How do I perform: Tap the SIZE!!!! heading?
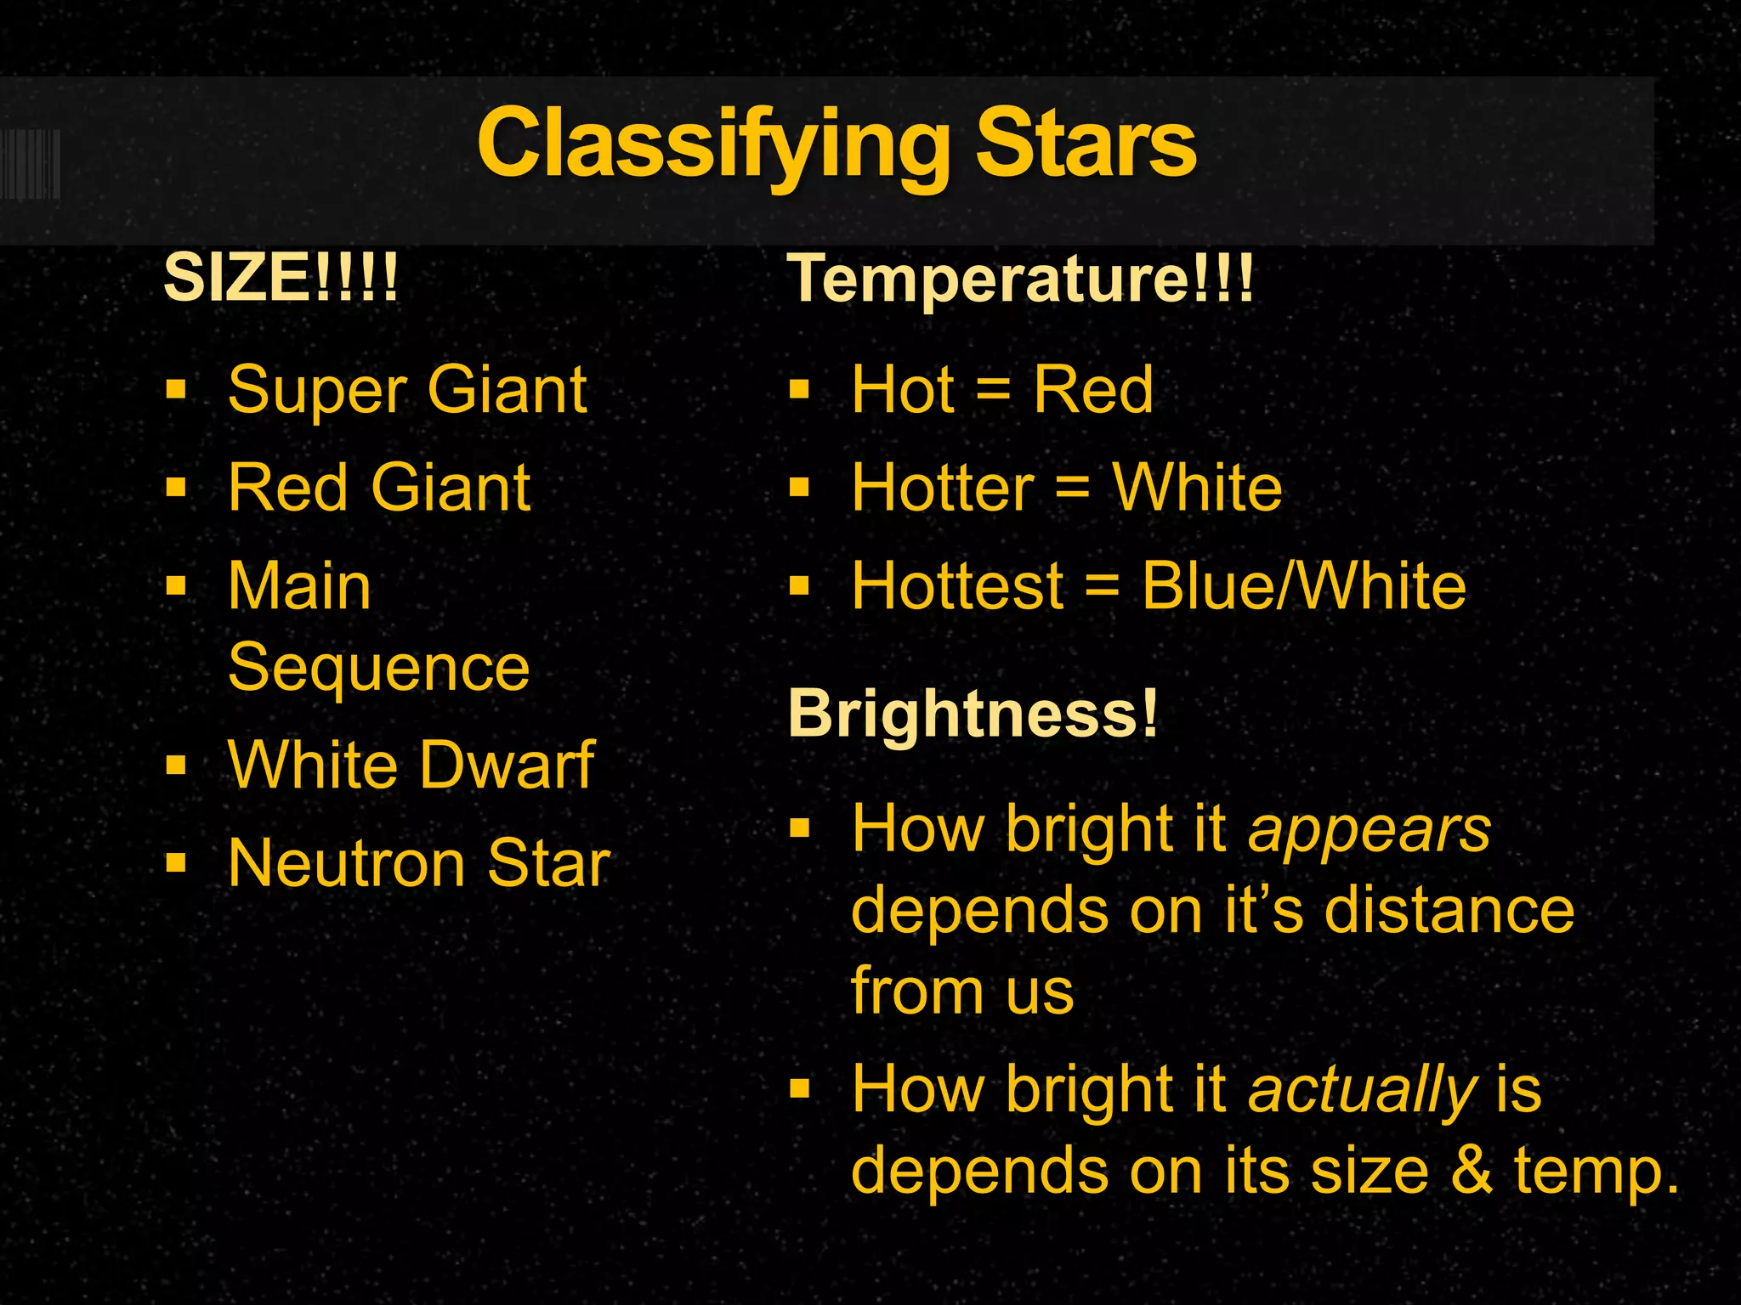click(x=281, y=277)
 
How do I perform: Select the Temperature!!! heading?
click(x=1020, y=279)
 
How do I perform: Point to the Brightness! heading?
click(x=973, y=713)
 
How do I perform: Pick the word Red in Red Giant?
click(x=288, y=488)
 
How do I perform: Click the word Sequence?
click(x=379, y=668)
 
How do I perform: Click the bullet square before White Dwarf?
click(x=176, y=765)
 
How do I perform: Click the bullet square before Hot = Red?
click(x=799, y=390)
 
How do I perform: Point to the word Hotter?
click(x=942, y=489)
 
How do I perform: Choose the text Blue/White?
click(x=1303, y=586)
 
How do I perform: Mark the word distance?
click(x=1449, y=910)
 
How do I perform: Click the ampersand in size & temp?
click(x=1472, y=1171)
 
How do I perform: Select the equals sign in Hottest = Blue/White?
click(x=1103, y=586)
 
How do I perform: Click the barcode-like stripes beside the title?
click(x=31, y=163)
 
